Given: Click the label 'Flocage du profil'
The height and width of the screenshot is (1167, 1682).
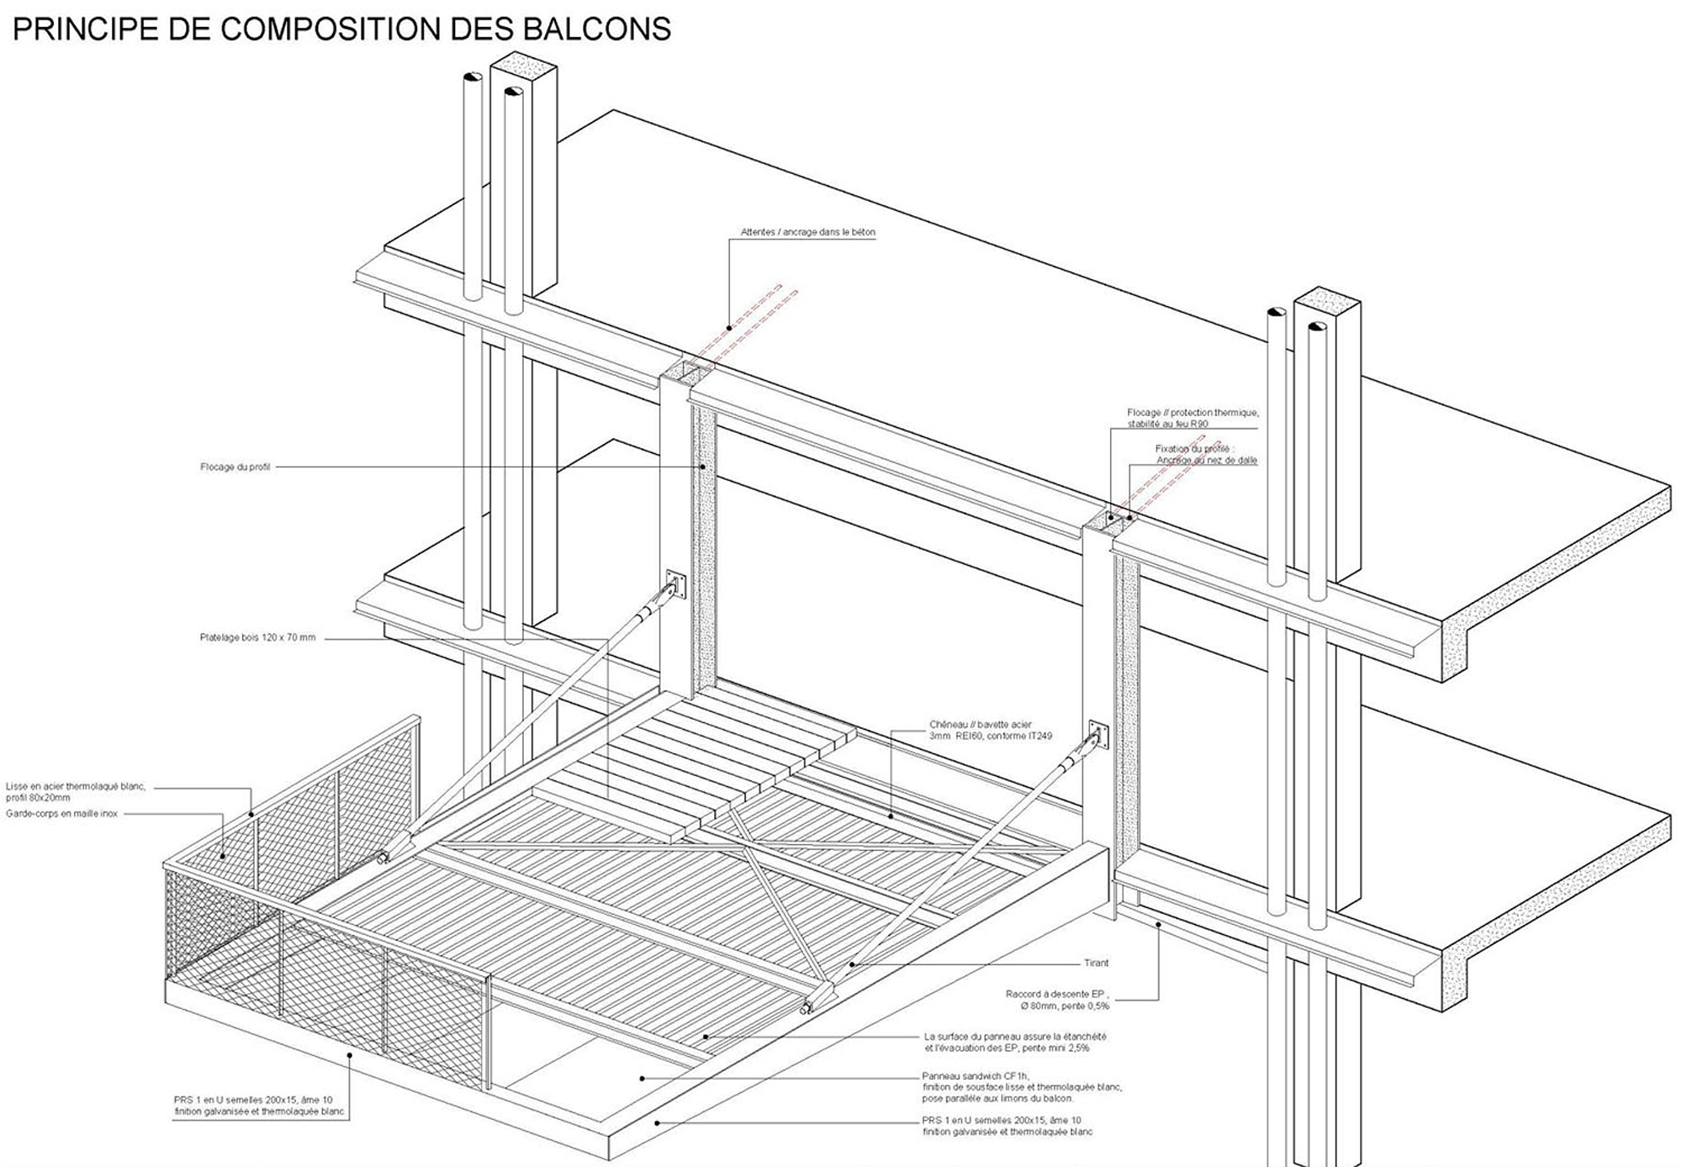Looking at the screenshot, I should (235, 467).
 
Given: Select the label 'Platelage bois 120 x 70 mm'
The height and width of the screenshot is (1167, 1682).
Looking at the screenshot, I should (257, 637).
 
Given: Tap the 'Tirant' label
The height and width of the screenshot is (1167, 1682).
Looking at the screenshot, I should (1096, 963).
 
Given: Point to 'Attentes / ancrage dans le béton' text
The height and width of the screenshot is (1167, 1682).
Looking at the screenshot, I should (807, 232).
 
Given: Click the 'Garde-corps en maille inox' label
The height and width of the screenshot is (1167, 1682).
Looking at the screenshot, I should (62, 814).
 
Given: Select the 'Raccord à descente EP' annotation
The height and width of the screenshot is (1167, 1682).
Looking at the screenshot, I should (1057, 1000).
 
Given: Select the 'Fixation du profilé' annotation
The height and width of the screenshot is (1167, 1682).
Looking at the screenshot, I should (1205, 454).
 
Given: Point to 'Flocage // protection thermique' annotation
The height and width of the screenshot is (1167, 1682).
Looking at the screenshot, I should (1192, 418).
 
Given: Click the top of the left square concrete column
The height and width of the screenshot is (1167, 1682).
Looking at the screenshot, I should (524, 66).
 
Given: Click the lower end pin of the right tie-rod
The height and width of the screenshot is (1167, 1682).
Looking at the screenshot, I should (807, 1006).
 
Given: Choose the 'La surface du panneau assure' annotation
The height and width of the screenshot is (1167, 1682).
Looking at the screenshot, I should (1014, 1042).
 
